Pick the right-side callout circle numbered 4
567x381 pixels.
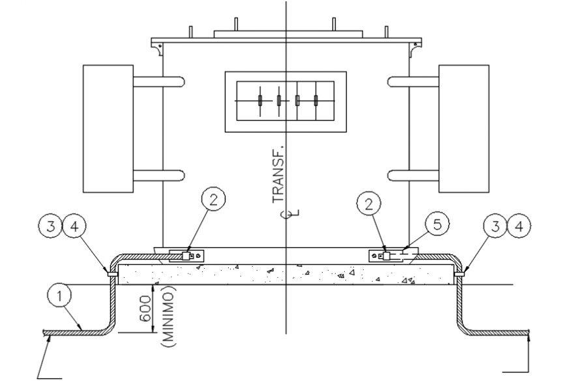tap(519, 228)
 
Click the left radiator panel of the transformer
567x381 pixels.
tap(108, 129)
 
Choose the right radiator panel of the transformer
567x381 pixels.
tap(463, 129)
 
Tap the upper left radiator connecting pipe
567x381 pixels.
tap(158, 82)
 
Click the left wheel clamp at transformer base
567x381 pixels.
tap(187, 256)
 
